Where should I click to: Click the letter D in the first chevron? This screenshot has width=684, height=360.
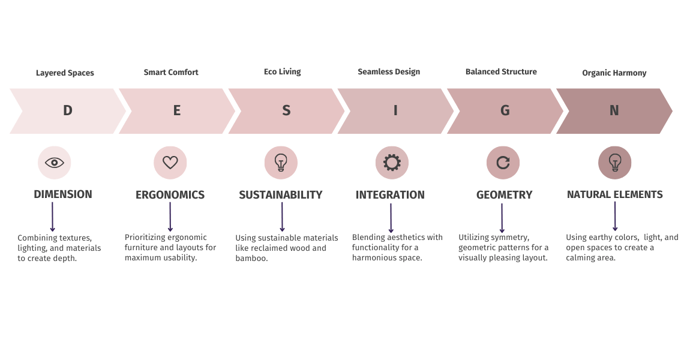coord(68,110)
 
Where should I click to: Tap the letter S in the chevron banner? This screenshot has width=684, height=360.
coord(286,110)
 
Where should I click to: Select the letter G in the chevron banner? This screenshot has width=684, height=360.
coord(505,110)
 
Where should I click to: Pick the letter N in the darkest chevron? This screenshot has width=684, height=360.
coord(614,110)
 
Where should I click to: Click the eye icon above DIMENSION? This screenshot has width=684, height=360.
coord(55,163)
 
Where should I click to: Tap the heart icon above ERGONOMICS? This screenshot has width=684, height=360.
coord(170,163)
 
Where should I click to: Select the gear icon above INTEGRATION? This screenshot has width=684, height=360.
coord(392,163)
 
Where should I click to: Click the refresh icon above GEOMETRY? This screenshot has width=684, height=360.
coord(503,163)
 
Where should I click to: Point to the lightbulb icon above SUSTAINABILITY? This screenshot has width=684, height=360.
coord(281,163)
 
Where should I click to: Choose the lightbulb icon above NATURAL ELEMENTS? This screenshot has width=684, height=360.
coord(614,163)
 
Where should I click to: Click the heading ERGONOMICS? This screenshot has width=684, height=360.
coord(170,194)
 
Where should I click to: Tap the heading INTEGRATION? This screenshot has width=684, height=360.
coord(390,194)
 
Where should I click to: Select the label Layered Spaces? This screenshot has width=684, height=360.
coord(65,73)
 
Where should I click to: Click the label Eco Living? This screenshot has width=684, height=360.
coord(282,71)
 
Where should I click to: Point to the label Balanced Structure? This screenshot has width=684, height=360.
coord(501,71)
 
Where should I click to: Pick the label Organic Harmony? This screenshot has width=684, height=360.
coord(614,73)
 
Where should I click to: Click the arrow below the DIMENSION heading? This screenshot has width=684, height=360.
coord(52,217)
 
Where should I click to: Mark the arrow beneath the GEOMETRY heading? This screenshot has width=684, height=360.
coord(502,218)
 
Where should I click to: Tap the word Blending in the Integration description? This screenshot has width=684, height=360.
coord(368,238)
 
